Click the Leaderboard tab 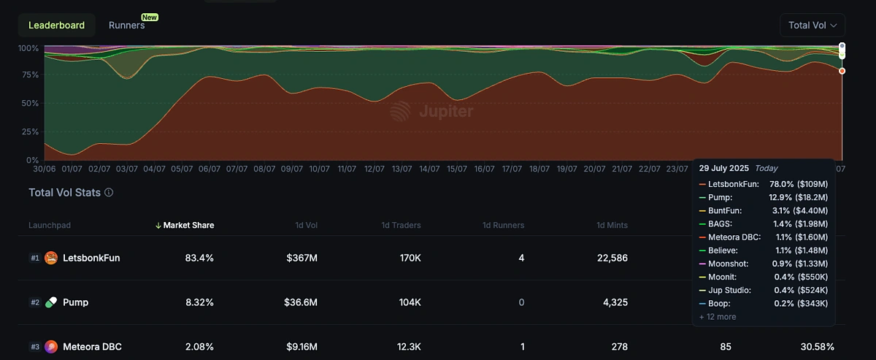[56, 25]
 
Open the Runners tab [127, 25]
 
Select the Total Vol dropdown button [812, 25]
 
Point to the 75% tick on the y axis [28, 75]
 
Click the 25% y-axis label [28, 131]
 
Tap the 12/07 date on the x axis [374, 169]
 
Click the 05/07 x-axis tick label [182, 169]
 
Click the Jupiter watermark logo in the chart [431, 111]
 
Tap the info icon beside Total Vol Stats [109, 193]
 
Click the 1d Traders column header [401, 225]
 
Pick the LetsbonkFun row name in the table [91, 258]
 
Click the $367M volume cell [300, 258]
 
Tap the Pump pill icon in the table [51, 302]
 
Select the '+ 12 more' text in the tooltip [717, 317]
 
